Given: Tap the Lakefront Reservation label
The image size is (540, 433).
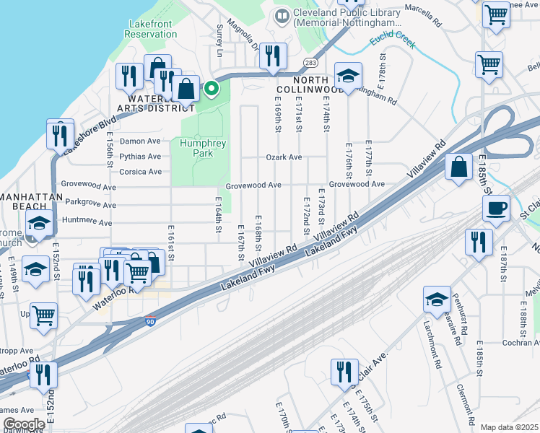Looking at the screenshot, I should click(152, 29).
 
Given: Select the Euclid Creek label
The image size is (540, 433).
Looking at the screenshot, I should click(392, 43).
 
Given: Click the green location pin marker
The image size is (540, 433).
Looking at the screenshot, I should click(211, 89).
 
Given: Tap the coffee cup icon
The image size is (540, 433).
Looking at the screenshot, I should click(496, 209).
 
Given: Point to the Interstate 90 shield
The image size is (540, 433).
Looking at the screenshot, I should click(150, 322).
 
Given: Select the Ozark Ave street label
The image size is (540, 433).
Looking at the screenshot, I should click(284, 157).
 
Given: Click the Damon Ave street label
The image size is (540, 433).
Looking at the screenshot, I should click(140, 141).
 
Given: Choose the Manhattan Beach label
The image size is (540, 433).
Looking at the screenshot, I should click(27, 196).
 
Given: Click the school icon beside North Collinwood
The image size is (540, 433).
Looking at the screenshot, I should click(348, 76).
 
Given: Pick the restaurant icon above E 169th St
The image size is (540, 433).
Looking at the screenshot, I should click(273, 56).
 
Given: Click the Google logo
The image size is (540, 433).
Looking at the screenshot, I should click(24, 424).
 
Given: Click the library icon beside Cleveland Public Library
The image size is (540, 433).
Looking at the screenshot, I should click(282, 14).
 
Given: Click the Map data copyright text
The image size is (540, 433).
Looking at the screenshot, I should click(510, 427).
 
